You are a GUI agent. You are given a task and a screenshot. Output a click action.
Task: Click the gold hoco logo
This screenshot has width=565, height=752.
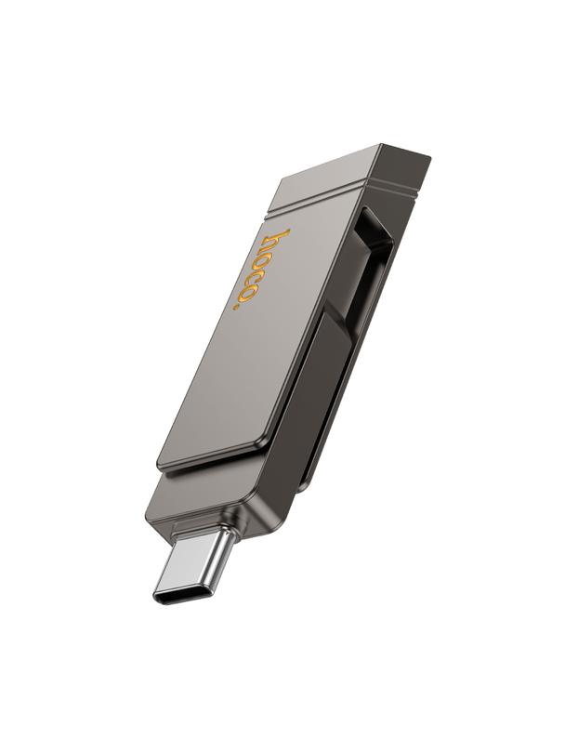coord(261,268)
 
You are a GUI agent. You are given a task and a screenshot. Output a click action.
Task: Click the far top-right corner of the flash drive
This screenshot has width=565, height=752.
coord(428,155)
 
